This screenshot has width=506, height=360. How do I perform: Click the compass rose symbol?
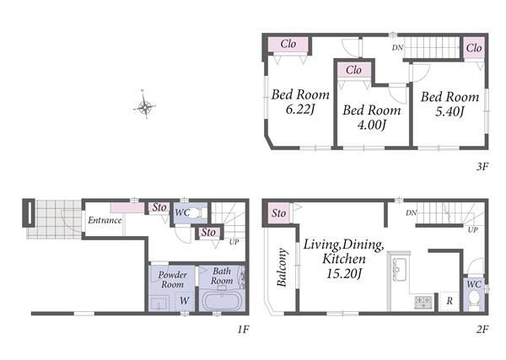[145, 105]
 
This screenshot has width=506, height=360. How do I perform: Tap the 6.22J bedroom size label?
[300, 110]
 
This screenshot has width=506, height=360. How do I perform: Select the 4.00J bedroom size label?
[372, 125]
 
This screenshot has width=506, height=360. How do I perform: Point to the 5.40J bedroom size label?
[449, 111]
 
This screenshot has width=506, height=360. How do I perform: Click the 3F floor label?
[482, 166]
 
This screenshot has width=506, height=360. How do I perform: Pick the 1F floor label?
[244, 330]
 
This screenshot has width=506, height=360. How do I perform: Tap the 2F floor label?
[482, 330]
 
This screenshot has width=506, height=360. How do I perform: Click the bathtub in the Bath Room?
[222, 301]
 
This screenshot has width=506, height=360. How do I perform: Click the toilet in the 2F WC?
[474, 298]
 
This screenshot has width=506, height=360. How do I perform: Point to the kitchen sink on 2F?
[400, 270]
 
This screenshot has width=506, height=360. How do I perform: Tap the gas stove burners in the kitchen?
[423, 303]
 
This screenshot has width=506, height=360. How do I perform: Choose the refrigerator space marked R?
[449, 302]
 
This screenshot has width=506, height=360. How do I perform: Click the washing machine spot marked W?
[184, 301]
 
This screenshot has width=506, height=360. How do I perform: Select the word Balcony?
[282, 267]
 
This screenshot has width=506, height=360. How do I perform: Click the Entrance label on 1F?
[105, 220]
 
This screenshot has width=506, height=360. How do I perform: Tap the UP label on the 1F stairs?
[234, 242]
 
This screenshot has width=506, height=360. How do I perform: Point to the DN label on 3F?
[397, 48]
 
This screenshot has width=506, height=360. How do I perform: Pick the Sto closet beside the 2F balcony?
[278, 213]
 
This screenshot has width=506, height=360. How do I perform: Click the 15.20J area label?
[344, 274]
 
